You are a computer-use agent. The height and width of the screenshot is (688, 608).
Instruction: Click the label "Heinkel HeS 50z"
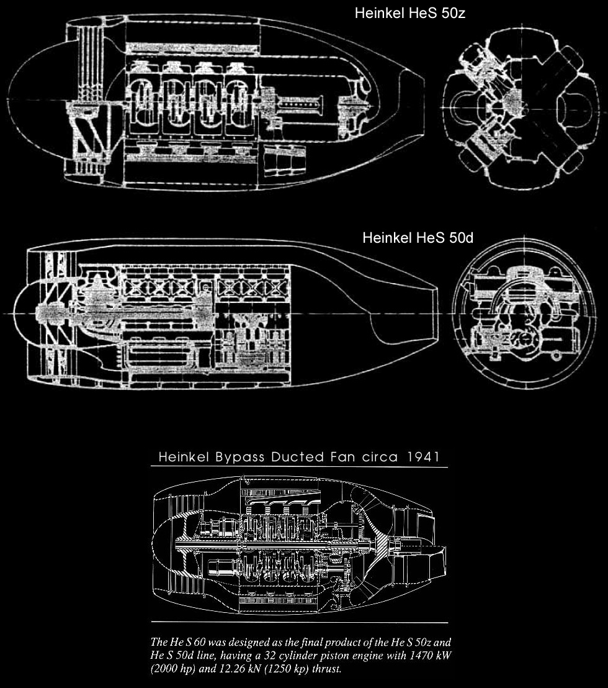click(410, 13)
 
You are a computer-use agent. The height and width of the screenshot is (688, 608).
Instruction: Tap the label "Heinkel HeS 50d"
click(418, 238)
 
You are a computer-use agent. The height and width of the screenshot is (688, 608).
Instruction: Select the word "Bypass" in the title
click(239, 457)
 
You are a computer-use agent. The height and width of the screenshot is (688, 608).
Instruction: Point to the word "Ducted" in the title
click(298, 457)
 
